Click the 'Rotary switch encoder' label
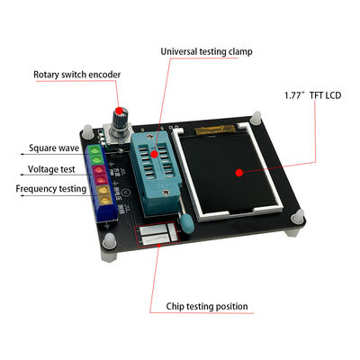click(x=76, y=75)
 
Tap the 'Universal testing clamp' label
click(x=206, y=51)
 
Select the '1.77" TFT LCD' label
click(x=313, y=95)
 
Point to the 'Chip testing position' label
click(x=207, y=307)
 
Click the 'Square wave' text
click(x=54, y=148)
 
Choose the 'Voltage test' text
click(x=51, y=169)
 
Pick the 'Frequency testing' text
click(x=51, y=189)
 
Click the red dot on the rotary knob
click(x=120, y=110)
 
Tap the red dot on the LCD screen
click(x=238, y=173)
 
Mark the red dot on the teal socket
click(x=154, y=154)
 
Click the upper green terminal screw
click(x=95, y=150)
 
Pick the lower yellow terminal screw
click(x=105, y=200)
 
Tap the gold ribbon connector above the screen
click(x=215, y=130)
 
